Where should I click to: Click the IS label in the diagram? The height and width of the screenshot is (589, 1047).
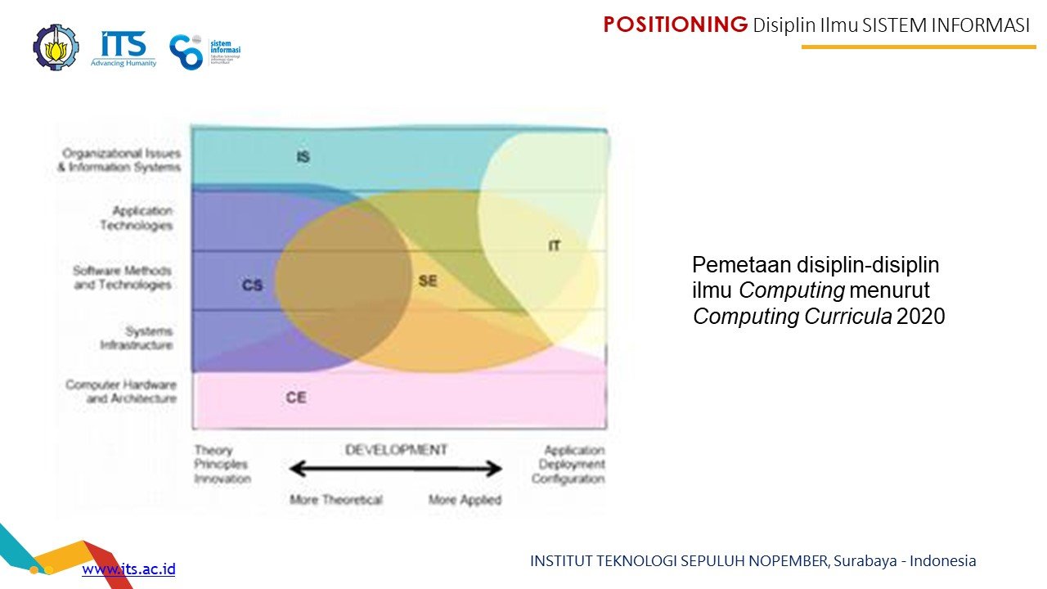point(303,156)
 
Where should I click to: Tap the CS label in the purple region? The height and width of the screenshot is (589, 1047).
point(253,286)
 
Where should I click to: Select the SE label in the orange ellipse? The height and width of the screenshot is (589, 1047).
point(428,281)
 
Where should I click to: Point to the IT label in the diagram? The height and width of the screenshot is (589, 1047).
point(555,245)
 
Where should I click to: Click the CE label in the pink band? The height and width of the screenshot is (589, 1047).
point(296,398)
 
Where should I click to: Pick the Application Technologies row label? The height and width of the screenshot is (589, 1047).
point(137,218)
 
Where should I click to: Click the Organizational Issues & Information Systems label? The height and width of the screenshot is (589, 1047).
point(119,160)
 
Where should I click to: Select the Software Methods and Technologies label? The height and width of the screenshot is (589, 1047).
point(123,278)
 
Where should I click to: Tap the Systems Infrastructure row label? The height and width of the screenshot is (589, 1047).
point(137,338)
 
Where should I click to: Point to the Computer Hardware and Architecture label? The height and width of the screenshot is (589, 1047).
point(121,392)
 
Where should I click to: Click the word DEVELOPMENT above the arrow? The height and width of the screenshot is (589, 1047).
point(396,450)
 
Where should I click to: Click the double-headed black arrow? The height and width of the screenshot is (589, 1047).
point(396,469)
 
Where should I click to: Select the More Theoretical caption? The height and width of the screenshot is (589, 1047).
point(335,499)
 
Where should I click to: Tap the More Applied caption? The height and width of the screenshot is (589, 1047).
point(465,499)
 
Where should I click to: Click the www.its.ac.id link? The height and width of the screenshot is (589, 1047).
point(128,569)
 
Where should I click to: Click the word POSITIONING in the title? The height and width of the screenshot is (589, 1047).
point(676,25)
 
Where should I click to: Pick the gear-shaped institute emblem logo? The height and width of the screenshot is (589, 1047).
point(56,47)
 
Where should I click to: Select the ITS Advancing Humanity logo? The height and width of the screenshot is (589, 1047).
point(124,48)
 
